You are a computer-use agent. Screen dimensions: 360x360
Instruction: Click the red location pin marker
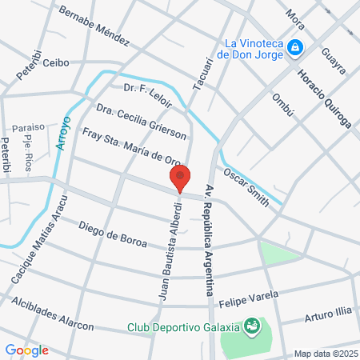(x=181, y=178)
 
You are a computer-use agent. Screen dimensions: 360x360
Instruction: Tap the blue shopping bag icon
(x=295, y=48)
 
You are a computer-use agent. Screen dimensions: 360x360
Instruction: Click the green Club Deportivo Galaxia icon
(x=253, y=326)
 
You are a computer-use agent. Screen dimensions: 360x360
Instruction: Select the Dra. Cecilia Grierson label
(x=141, y=118)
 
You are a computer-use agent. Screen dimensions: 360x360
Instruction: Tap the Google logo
(x=26, y=350)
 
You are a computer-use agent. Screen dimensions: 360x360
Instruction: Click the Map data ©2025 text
(x=323, y=354)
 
